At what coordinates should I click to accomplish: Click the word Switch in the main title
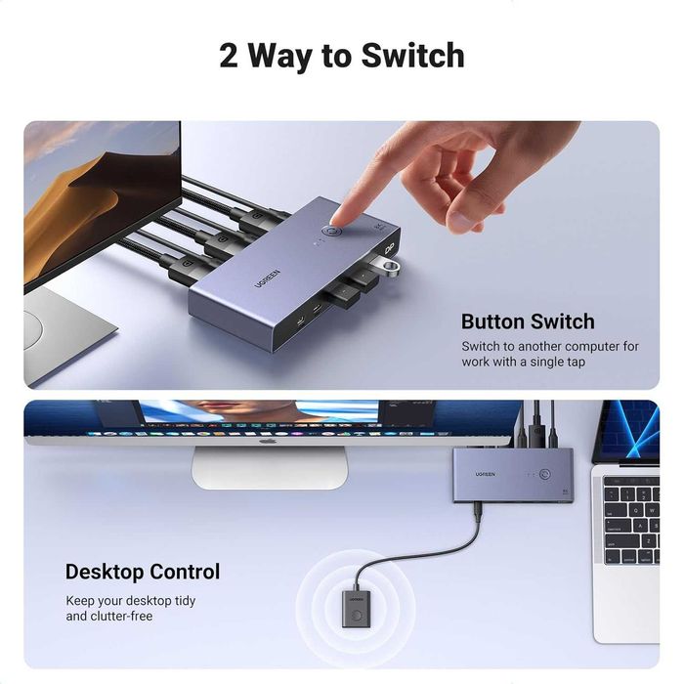tap(412, 55)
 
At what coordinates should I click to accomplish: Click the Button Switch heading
tap(527, 321)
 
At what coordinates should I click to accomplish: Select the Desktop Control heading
tap(143, 572)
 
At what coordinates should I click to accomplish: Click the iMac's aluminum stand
tap(269, 467)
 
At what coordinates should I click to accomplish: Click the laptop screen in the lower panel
tap(627, 430)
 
